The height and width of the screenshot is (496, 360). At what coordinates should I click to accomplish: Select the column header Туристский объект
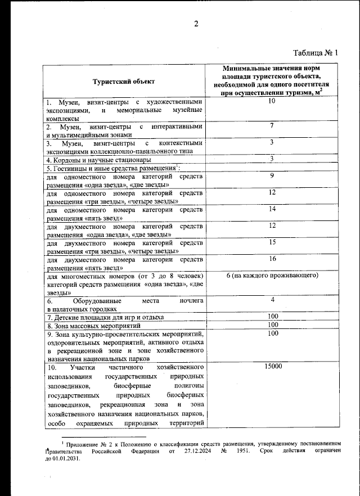click(124, 82)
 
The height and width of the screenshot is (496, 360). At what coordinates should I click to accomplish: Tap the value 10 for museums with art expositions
click(272, 101)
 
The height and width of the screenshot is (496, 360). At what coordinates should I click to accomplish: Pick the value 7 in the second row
click(272, 126)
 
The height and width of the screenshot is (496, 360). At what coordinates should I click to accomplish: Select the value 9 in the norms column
click(272, 175)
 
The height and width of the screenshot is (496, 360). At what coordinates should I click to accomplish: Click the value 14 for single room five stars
click(272, 209)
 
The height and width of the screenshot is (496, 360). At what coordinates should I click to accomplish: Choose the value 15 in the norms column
click(272, 242)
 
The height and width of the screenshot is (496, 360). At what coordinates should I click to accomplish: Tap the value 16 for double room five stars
click(272, 259)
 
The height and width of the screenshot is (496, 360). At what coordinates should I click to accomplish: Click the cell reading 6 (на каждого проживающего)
click(272, 276)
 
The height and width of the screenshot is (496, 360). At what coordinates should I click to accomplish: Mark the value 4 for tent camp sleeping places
click(272, 300)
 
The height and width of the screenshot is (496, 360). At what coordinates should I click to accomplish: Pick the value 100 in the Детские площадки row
click(273, 317)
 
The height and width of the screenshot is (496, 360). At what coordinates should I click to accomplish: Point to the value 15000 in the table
click(273, 367)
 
